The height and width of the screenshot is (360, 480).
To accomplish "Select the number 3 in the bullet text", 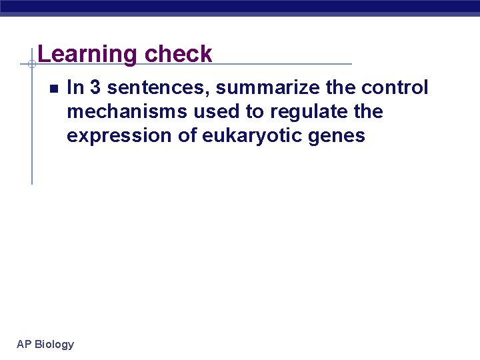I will click(x=95, y=88).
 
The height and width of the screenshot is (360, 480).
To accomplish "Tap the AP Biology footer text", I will click(x=45, y=344).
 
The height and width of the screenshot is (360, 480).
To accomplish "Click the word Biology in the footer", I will click(x=54, y=344).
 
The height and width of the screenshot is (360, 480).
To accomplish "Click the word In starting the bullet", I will click(x=75, y=88).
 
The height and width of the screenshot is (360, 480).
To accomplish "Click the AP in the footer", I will click(x=24, y=344).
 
